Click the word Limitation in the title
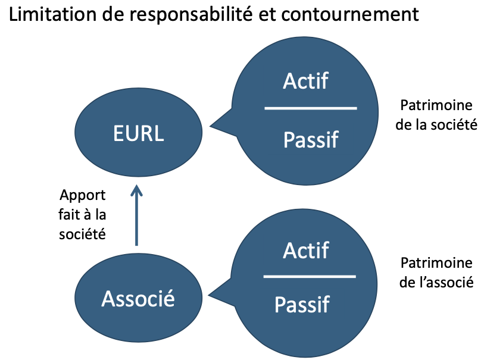[53, 14]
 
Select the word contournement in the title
[349, 14]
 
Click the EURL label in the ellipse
[138, 133]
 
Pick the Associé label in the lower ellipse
[138, 298]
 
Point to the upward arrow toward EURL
[136, 215]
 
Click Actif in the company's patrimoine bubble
[305, 81]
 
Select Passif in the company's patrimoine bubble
[311, 140]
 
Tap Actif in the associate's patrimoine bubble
[305, 250]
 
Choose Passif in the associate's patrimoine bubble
[302, 305]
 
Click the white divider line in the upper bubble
[311, 108]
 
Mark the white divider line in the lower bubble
[310, 277]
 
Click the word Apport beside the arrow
[83, 196]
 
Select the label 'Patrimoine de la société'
[436, 115]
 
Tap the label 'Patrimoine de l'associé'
[436, 273]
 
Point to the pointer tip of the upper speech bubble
[210, 126]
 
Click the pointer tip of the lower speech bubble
[209, 295]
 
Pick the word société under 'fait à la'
[82, 234]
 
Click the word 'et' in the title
[267, 15]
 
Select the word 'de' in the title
[113, 14]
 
